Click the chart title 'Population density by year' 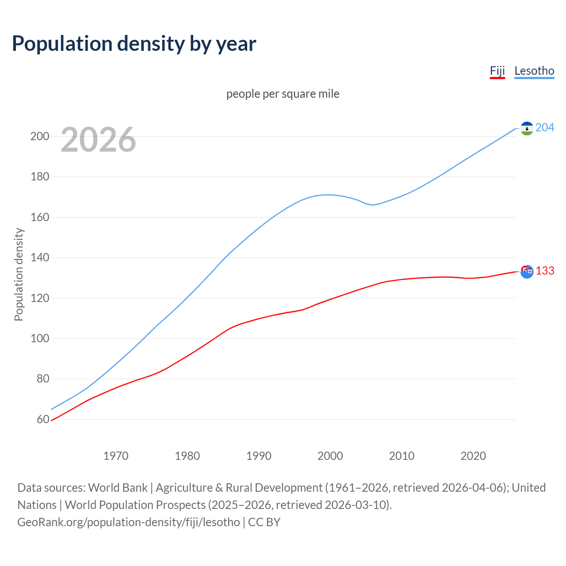[134, 44]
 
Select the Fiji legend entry [497, 71]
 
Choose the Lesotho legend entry [534, 71]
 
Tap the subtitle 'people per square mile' [283, 94]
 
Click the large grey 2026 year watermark [98, 140]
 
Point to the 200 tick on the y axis [39, 136]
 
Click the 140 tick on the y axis [39, 257]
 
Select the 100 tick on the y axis [39, 338]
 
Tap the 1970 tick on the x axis [116, 456]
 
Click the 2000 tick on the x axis [330, 456]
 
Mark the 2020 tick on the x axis [473, 456]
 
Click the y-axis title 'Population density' [19, 274]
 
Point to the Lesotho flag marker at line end [527, 128]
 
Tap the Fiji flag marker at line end [527, 272]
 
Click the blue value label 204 [545, 128]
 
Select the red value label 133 [545, 271]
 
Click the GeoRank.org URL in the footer [128, 522]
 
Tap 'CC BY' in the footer [264, 522]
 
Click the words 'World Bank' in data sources [118, 488]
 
